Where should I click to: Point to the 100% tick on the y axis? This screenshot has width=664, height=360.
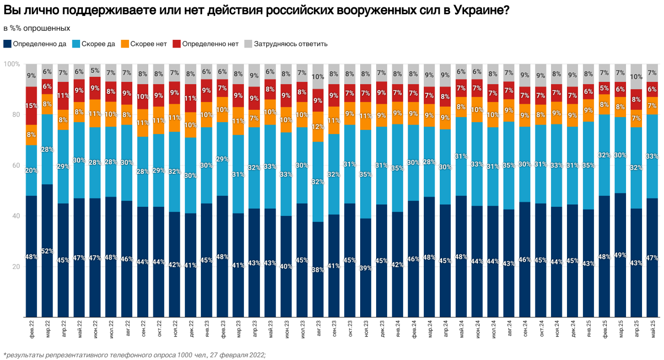(x=11, y=64)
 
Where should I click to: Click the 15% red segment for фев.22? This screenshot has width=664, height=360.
(x=31, y=106)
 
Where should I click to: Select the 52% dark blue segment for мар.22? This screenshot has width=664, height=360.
(x=47, y=251)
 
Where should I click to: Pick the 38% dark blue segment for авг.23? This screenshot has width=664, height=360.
(x=318, y=269)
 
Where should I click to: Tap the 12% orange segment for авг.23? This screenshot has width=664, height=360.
(x=318, y=127)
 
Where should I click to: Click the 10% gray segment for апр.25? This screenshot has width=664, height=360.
(x=637, y=76)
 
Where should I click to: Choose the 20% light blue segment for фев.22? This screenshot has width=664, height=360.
(x=31, y=171)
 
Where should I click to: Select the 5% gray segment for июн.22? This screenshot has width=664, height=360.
(x=95, y=70)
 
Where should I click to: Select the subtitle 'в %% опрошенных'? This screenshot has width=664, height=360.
(x=37, y=28)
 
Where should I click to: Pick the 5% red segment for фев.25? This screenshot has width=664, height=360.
(x=605, y=88)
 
